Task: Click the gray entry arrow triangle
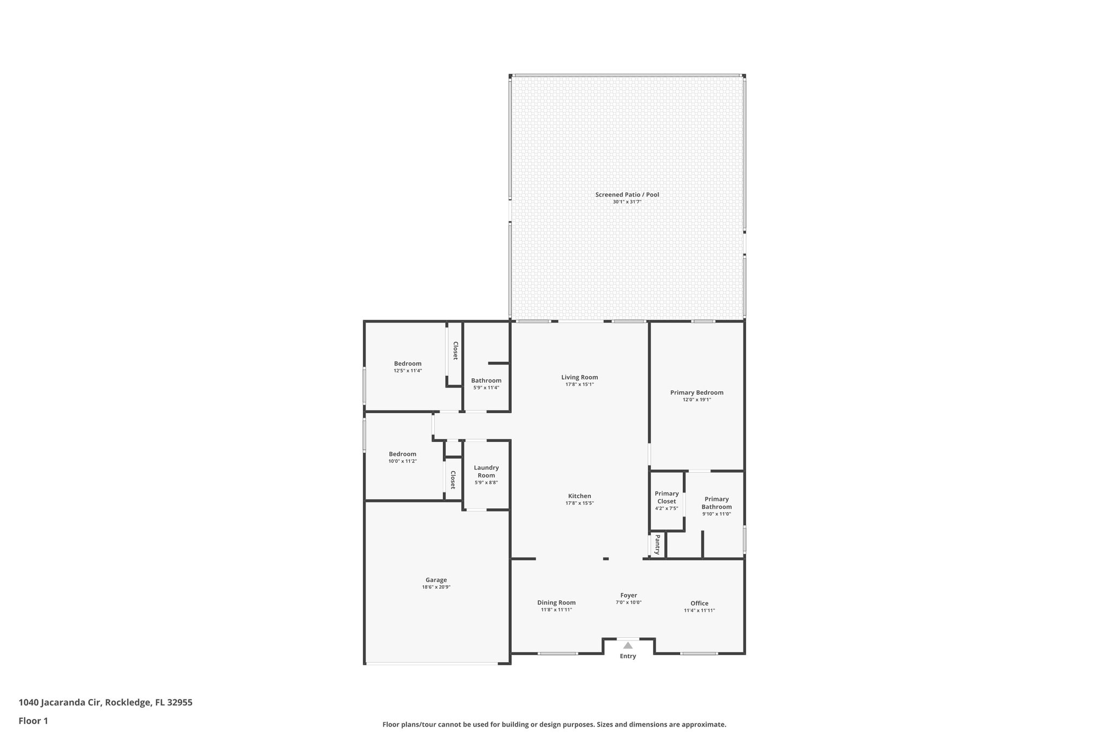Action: coord(628,645)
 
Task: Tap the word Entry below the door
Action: coord(628,656)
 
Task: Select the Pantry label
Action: coord(657,545)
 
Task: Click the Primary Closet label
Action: coord(667,497)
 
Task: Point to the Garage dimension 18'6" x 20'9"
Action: coord(436,587)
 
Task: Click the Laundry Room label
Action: coord(486,471)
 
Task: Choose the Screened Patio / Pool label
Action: coord(627,194)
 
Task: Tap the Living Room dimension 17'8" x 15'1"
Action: coord(579,384)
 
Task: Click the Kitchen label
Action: coord(579,496)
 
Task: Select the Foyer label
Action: coord(629,595)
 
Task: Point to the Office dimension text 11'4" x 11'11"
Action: coord(699,610)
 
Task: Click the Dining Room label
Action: coord(556,603)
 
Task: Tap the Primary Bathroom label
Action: coord(716,503)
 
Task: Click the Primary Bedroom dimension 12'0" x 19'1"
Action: coord(696,400)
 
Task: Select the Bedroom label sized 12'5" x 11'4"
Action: coord(408,364)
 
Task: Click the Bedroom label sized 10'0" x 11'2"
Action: coord(402,454)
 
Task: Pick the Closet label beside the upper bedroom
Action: coord(455,350)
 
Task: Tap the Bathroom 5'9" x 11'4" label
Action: coord(486,381)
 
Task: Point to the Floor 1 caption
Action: coord(33,721)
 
